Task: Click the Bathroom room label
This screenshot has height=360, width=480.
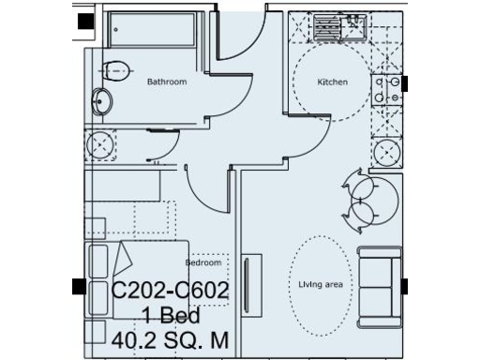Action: point(167,82)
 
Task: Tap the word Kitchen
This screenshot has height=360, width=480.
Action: point(333,82)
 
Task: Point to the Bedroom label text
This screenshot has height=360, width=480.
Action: point(203,263)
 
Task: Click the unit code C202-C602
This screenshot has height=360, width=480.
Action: point(171,292)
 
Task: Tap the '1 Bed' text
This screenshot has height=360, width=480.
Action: point(172,314)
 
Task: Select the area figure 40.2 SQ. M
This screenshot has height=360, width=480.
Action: point(171,337)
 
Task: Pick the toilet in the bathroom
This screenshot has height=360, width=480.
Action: point(114,70)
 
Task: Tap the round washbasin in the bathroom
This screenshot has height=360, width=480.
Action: point(100,100)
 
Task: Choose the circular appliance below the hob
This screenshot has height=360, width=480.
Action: point(386,152)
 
